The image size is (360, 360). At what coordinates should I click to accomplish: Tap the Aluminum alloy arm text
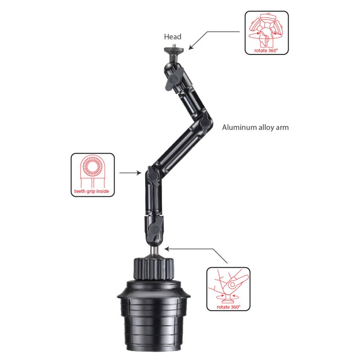pos(255,128)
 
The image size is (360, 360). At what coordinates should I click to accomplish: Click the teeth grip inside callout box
pos(92,175)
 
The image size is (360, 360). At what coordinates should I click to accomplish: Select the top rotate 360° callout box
pos(267,33)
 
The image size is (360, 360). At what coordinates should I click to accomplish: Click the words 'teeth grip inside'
pos(92,191)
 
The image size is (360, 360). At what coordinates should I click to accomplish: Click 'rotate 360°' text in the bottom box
pos(228,308)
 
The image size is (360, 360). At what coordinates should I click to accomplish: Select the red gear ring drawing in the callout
pos(92,167)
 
